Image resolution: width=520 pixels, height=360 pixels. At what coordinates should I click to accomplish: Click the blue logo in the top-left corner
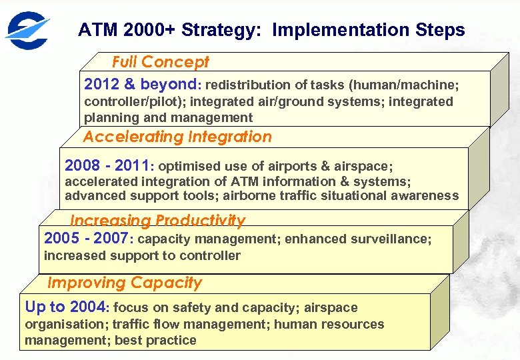coord(27,29)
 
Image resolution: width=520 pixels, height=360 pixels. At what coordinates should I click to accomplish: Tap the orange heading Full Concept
coord(160,62)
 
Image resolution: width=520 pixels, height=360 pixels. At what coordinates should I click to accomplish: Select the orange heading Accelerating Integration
coord(177,137)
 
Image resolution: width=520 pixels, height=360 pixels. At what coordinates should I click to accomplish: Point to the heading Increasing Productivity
coord(157,220)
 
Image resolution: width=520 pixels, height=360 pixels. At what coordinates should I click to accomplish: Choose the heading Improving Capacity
coord(124,283)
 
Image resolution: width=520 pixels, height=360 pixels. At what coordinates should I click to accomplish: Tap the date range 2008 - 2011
coord(108,165)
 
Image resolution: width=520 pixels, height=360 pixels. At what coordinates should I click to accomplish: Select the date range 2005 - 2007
coord(87,239)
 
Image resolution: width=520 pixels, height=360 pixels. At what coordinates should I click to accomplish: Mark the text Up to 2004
coord(65,307)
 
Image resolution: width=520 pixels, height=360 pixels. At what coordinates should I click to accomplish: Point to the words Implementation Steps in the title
coord(369,30)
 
